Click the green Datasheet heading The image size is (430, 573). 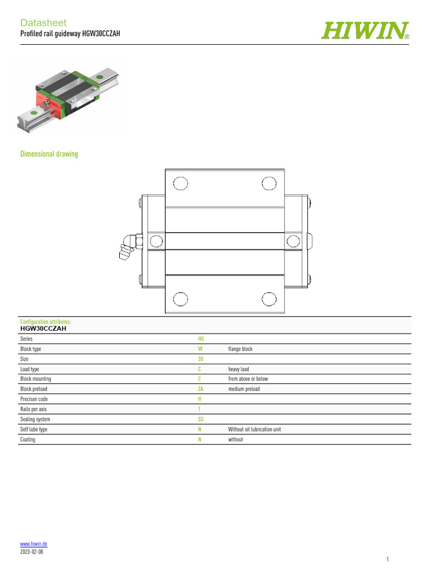(43, 22)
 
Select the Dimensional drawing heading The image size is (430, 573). (49, 154)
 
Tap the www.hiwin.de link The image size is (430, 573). (34, 544)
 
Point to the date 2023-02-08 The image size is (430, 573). (31, 552)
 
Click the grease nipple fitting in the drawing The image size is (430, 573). (130, 247)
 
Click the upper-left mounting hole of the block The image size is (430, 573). (180, 184)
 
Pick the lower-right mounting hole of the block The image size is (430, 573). (269, 299)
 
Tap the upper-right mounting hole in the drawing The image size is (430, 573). (269, 184)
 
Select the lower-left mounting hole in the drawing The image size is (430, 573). (180, 299)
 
